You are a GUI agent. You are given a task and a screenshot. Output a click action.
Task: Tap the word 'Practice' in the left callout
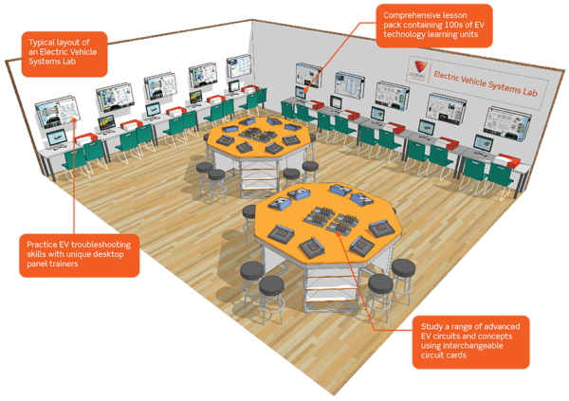pos(45,246)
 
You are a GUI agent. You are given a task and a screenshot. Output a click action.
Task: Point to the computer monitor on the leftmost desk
pos(54,139)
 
